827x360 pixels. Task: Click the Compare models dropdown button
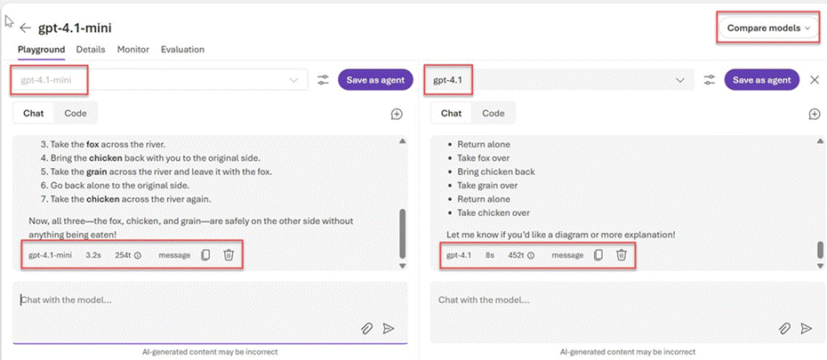pos(767,28)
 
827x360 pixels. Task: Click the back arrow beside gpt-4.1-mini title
pos(25,28)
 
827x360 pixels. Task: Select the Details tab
pos(91,50)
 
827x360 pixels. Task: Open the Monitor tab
pos(132,50)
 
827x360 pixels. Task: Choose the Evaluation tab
pos(182,50)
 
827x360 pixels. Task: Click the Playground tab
pos(41,50)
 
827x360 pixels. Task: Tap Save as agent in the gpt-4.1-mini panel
pos(375,80)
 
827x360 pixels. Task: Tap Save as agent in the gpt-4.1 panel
pos(762,80)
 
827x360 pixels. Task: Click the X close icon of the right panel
pos(815,80)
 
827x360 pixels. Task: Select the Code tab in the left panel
pos(76,113)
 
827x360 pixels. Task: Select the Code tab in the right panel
pos(494,113)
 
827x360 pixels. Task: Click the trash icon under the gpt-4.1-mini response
pos(229,255)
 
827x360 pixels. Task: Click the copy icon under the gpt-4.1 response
pos(598,255)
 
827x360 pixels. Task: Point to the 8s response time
pos(490,255)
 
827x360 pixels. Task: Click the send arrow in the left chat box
pos(389,328)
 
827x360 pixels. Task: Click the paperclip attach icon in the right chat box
pos(784,328)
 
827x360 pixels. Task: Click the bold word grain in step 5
pos(97,172)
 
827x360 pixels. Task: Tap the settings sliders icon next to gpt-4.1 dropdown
pos(710,80)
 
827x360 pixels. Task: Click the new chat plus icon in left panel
pos(397,114)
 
